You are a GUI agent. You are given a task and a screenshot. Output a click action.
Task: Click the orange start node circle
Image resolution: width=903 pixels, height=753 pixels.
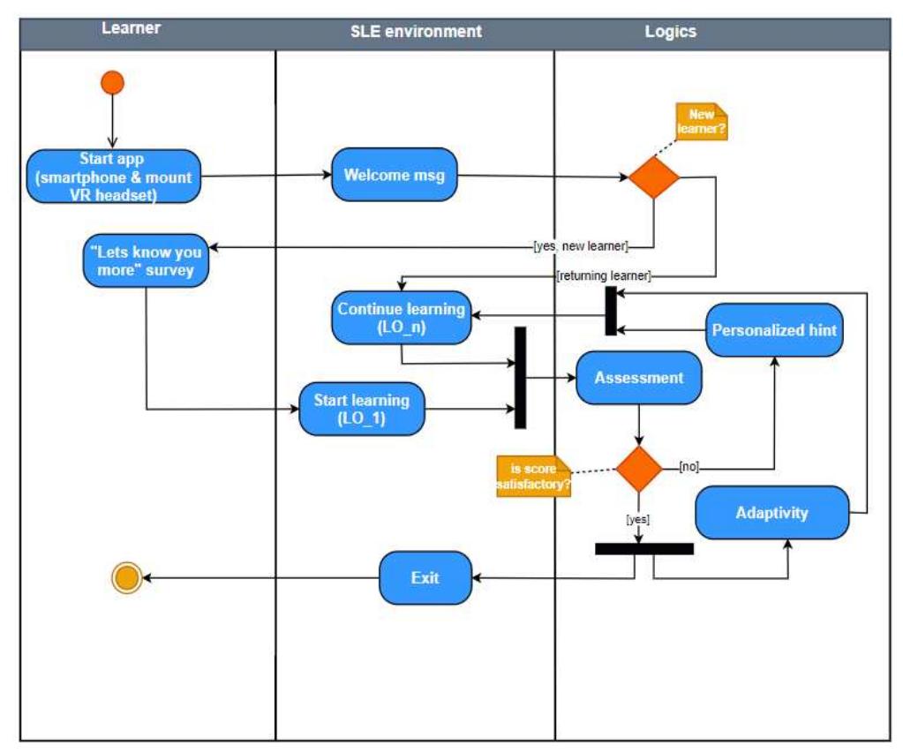click(112, 83)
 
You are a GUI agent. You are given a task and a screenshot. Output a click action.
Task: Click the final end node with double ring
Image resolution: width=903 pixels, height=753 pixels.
click(126, 578)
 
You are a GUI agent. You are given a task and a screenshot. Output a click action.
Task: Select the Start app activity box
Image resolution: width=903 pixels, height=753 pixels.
click(114, 177)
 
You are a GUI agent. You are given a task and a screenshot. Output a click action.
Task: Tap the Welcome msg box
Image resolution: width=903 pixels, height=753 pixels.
click(394, 175)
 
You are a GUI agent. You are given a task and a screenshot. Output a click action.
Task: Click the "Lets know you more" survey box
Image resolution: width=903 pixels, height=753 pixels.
click(147, 260)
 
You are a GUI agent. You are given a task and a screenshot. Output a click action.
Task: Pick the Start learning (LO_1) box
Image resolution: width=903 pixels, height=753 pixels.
click(362, 409)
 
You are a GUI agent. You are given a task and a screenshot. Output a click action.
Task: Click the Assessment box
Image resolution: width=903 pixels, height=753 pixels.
click(639, 378)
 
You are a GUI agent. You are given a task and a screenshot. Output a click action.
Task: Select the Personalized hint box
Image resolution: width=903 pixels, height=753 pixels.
click(774, 330)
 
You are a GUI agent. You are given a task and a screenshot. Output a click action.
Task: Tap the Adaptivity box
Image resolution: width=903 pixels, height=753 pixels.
click(771, 512)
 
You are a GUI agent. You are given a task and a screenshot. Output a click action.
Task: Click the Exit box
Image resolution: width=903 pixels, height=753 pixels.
click(425, 578)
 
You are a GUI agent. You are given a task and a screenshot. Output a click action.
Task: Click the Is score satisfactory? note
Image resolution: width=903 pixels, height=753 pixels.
click(533, 477)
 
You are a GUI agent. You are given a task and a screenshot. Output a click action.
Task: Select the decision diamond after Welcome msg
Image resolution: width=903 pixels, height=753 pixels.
click(653, 177)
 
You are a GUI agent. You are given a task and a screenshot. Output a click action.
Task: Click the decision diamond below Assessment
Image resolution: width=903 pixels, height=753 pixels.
click(638, 468)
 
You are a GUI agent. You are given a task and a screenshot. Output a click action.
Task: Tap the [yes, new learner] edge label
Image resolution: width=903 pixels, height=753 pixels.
click(581, 246)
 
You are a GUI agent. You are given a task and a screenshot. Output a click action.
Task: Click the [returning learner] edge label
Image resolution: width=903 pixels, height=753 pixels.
click(603, 276)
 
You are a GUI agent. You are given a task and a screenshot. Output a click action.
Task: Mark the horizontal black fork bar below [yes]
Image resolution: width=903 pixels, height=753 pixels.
click(643, 548)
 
